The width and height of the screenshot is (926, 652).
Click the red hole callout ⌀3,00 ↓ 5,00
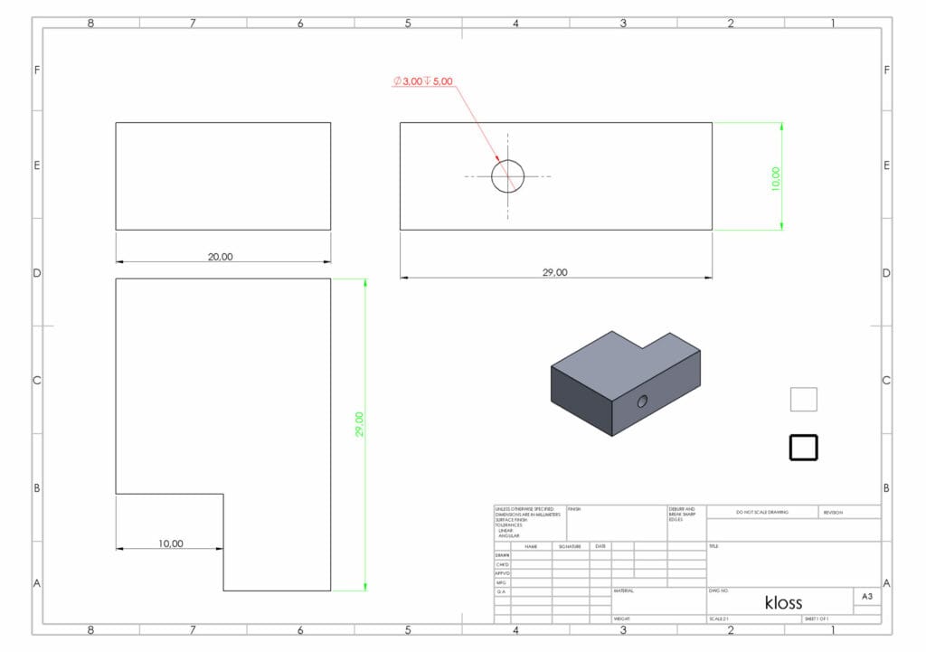click(422, 81)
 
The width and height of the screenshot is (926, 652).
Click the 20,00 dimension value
click(220, 257)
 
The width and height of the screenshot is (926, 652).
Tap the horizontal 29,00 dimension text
click(554, 272)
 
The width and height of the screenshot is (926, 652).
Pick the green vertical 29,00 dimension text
click(359, 425)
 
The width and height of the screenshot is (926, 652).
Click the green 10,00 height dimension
click(775, 177)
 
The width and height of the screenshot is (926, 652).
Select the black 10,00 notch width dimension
click(170, 543)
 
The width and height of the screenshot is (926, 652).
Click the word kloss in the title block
click(783, 602)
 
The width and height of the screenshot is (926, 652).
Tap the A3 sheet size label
click(866, 597)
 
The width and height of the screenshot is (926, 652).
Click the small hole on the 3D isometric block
click(642, 402)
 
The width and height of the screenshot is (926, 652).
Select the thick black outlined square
click(803, 447)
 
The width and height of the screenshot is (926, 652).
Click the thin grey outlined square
click(803, 399)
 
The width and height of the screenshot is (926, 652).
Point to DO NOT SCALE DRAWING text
click(761, 512)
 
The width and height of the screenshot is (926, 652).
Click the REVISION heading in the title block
click(833, 512)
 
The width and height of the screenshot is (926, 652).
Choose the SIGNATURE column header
click(570, 546)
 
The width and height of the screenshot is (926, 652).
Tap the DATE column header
click(600, 546)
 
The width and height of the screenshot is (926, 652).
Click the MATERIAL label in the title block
click(624, 591)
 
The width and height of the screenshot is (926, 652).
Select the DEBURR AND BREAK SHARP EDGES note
click(683, 514)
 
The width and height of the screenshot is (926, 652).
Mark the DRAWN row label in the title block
click(502, 555)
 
